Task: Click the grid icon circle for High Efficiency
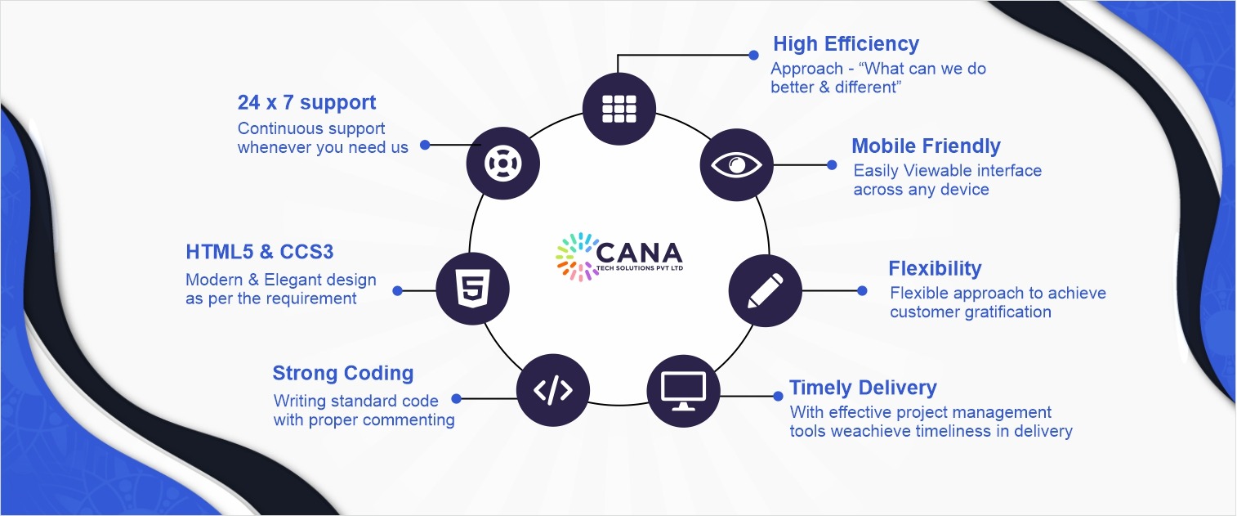click(x=619, y=108)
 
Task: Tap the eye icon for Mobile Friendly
click(x=736, y=164)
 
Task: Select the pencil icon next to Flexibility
click(x=765, y=290)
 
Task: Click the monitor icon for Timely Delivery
click(x=684, y=391)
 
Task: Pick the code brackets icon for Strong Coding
click(x=553, y=391)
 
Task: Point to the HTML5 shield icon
click(x=473, y=289)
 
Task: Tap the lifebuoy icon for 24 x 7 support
click(x=502, y=163)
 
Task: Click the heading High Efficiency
click(x=846, y=44)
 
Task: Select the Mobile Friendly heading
click(x=926, y=146)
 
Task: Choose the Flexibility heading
click(x=935, y=268)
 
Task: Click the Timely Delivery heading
click(x=863, y=388)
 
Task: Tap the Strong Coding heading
click(x=343, y=374)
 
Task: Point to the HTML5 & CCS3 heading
click(x=260, y=250)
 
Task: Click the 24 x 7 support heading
click(x=307, y=103)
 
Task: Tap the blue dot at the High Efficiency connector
click(x=753, y=56)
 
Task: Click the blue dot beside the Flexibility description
click(x=862, y=290)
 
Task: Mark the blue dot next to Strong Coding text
click(x=456, y=399)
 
